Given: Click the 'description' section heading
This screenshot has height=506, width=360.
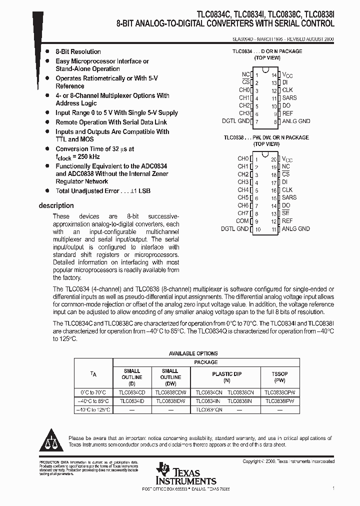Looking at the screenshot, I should coord(56,205).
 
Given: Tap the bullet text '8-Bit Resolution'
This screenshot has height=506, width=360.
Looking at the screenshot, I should coord(78,51).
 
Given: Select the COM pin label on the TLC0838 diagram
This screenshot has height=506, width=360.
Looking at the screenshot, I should coord(242,221).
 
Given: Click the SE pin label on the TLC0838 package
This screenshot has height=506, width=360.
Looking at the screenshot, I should coord(285,213).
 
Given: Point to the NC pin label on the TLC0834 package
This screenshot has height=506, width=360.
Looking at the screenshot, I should coord(245,74).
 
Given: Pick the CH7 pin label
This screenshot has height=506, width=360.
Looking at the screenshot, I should coord(243,213).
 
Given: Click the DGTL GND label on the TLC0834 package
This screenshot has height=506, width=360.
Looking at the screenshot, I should coord(236,121).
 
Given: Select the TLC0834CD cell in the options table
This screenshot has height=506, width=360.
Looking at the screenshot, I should coord(131,393).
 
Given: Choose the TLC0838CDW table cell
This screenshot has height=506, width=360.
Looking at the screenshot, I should coord(170,393).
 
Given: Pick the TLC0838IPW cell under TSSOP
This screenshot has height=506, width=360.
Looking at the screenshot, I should coord(279,401).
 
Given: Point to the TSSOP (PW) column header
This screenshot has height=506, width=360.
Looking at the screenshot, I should coord(279,377).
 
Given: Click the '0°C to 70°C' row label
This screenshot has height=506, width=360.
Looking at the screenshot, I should coord(94,393).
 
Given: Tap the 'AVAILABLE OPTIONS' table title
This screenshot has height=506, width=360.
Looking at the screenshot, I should coord(193,353).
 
